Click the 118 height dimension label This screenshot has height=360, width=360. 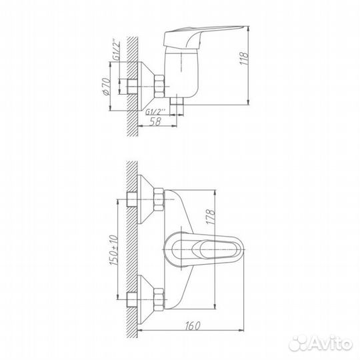coord(244,58)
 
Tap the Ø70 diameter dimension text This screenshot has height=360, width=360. coord(106,86)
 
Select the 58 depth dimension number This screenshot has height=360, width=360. coord(155,121)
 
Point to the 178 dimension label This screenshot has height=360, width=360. coord(211,217)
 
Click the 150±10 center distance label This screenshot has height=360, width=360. coord(113,250)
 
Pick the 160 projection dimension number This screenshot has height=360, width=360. coord(193,326)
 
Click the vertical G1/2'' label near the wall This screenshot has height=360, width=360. coord(117,51)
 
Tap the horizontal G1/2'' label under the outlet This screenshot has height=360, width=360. coord(155,112)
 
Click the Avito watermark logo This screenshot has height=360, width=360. coord(321,344)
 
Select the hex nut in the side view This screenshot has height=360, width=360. coord(159,86)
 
